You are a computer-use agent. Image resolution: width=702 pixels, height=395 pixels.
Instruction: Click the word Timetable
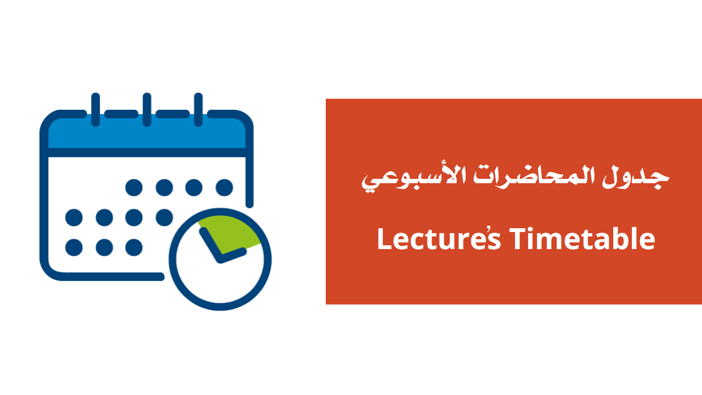[582, 239]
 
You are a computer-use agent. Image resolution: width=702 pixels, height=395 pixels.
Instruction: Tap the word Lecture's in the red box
[439, 239]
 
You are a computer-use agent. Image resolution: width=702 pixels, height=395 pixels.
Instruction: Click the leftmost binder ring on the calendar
[95, 110]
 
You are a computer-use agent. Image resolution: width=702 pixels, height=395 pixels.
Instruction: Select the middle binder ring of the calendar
[147, 110]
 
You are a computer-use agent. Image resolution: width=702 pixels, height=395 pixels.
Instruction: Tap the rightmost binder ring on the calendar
[199, 110]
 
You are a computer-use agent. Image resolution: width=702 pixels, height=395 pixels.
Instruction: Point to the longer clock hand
[210, 245]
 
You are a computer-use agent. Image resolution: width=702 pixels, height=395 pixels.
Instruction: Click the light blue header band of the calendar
[146, 132]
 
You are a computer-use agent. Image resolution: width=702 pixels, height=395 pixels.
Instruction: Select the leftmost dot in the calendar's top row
[134, 188]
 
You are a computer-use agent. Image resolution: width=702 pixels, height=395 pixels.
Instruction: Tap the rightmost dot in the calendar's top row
[224, 188]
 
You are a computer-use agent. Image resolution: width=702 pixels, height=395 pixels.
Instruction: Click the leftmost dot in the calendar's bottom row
[74, 247]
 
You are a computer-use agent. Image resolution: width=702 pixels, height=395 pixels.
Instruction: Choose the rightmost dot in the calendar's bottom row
[134, 247]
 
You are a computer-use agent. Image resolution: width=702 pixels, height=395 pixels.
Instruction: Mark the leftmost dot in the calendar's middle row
[74, 218]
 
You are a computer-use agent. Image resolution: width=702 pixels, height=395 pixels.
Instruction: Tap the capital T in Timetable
[519, 239]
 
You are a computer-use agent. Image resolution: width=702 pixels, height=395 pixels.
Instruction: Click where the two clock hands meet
[220, 259]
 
